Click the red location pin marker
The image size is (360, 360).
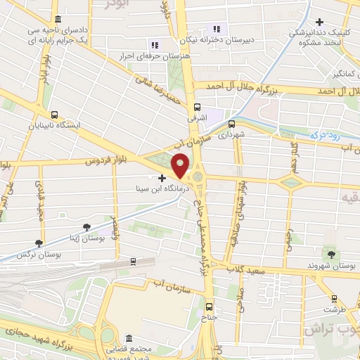181,166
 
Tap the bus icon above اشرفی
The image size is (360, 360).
198,108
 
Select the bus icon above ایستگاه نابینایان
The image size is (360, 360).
55,114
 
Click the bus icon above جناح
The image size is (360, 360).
209,307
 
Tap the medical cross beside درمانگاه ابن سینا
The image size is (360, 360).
162,179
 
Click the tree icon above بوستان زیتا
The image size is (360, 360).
86,227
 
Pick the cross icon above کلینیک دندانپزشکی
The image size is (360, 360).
321,22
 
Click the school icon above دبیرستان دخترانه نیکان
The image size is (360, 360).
217,29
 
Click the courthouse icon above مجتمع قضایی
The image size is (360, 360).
128,337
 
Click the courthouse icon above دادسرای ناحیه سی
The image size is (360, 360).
57,18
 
